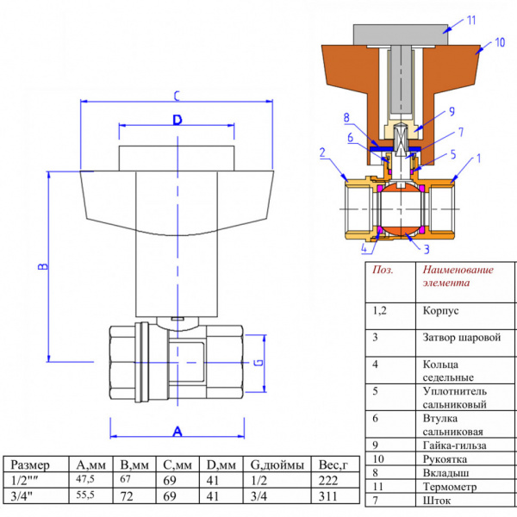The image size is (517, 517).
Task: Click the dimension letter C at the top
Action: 176,95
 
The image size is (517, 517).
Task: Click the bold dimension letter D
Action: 177,121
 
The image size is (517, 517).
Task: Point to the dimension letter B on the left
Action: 40,267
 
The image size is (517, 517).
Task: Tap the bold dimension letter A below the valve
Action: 177,429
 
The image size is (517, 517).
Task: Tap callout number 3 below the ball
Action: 426,249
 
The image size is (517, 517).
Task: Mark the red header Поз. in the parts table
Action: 381,269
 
